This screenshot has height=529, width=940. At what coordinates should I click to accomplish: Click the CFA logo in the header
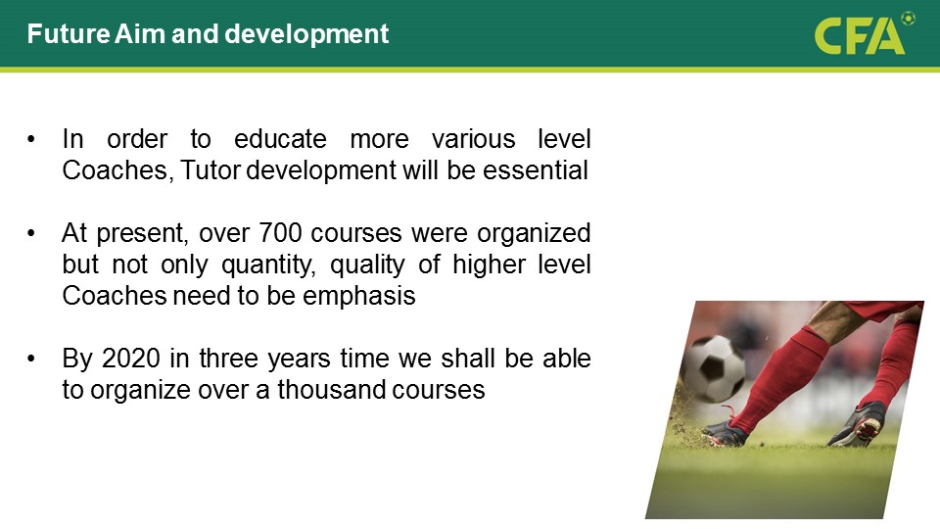(865, 34)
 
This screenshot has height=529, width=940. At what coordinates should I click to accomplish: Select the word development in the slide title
(306, 34)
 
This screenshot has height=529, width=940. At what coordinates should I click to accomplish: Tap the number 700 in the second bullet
(280, 233)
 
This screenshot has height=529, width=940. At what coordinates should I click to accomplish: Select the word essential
(536, 170)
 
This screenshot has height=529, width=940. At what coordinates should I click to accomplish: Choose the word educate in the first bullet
(280, 139)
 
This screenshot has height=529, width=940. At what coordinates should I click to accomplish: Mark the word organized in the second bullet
(534, 233)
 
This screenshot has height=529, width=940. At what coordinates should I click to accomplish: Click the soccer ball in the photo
(713, 367)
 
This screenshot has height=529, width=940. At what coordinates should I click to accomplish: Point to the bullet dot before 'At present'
(31, 233)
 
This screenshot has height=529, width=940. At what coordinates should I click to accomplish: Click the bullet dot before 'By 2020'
(31, 359)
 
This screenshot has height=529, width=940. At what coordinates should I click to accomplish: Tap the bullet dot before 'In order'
(31, 140)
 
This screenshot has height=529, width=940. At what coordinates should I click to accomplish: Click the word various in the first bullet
(473, 139)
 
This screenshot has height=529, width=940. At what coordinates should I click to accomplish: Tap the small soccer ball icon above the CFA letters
(909, 19)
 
